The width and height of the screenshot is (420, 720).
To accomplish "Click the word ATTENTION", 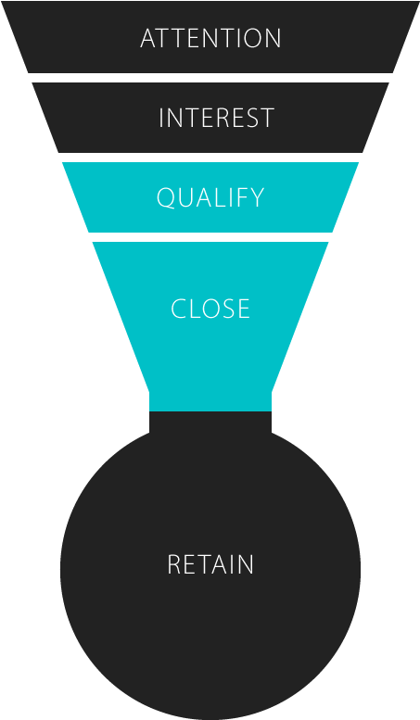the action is click(x=210, y=38).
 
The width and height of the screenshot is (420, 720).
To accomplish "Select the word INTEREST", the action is click(x=216, y=118).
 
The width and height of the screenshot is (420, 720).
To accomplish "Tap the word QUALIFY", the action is click(x=210, y=198).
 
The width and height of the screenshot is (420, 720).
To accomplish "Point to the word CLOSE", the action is click(x=210, y=309).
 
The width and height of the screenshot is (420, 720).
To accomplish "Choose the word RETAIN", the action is click(x=210, y=564).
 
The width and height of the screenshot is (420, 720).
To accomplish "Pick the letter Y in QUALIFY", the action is click(x=258, y=198).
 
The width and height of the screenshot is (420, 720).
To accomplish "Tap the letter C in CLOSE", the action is click(x=178, y=309).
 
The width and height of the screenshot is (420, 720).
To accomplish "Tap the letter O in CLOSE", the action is click(x=213, y=309).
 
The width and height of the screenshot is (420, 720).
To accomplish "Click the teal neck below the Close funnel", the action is click(x=210, y=401).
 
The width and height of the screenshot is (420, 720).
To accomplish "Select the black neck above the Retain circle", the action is click(x=210, y=423).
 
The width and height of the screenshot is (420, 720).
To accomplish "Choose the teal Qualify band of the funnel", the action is click(x=210, y=197).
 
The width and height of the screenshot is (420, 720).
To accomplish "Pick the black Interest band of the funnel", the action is click(x=210, y=118).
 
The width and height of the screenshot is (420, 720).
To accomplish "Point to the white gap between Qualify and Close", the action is click(x=210, y=237).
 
